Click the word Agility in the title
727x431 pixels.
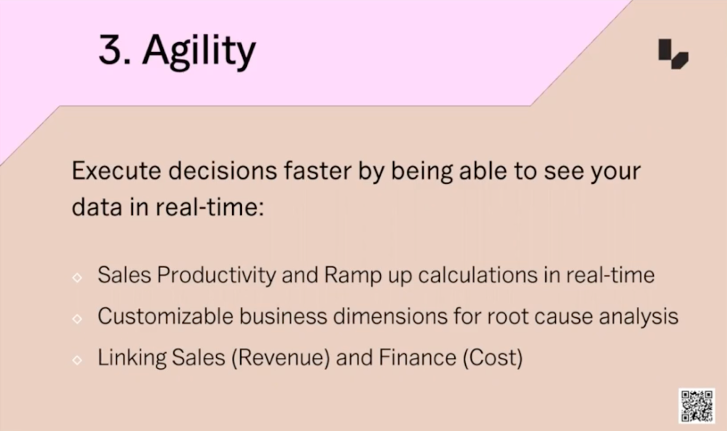199,51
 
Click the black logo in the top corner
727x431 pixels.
673,54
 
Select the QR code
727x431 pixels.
697,406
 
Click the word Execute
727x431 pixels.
116,171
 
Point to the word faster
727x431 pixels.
318,171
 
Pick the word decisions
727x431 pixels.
223,171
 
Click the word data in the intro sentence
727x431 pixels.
97,206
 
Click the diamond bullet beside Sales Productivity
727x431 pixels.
77,277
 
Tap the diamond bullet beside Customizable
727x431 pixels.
77,319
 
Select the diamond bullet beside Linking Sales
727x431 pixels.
77,360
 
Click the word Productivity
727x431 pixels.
216,276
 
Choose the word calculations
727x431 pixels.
478,275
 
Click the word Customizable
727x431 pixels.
165,316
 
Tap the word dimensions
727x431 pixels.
390,316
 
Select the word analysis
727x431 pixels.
639,317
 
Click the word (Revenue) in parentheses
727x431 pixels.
281,358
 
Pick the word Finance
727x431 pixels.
418,357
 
